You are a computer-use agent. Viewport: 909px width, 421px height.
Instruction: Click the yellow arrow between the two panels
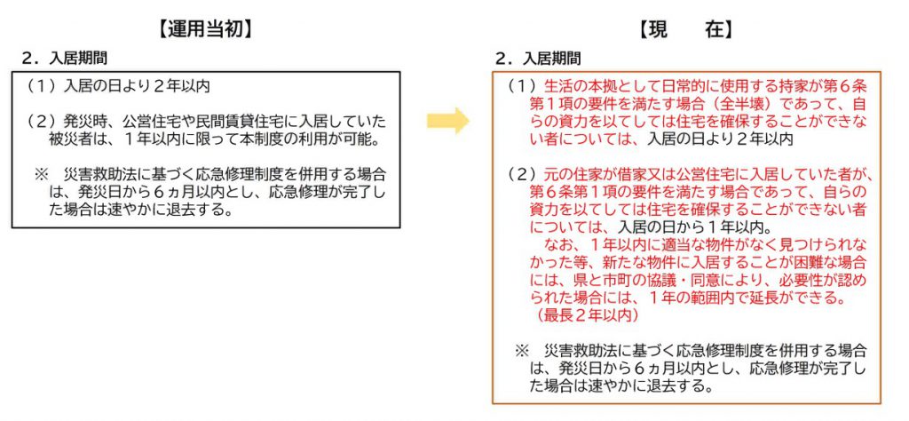pos(448,122)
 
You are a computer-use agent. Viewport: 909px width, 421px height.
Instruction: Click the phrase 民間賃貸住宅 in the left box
pos(233,121)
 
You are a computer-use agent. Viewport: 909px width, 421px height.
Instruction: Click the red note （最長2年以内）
pos(589,314)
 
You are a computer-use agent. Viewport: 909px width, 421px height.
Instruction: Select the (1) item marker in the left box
pos(40,86)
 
